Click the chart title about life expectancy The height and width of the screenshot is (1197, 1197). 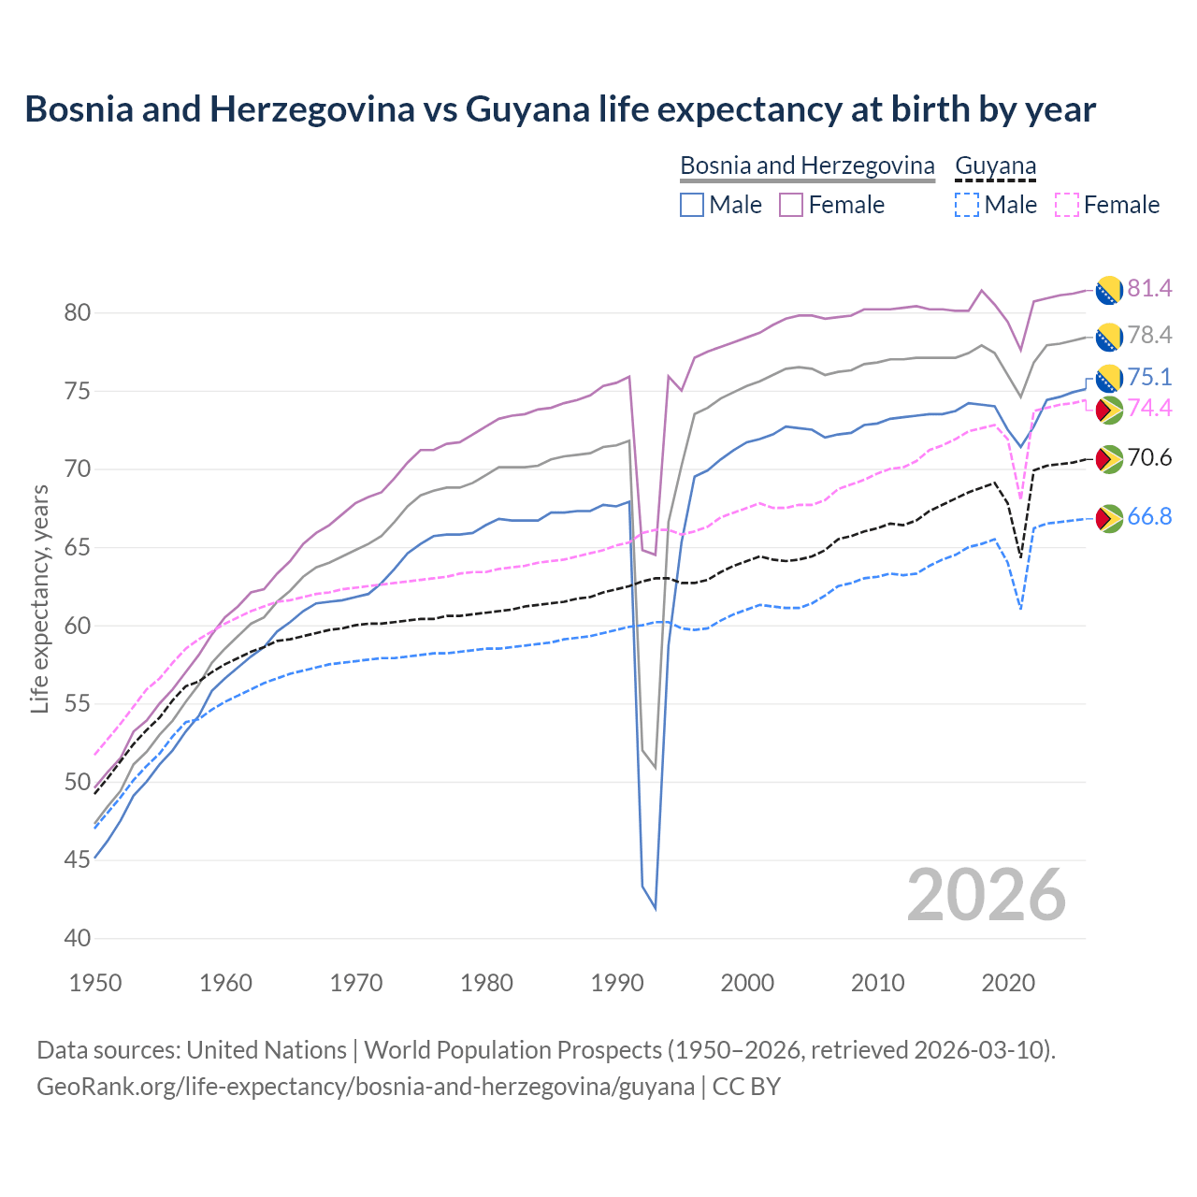coord(559,109)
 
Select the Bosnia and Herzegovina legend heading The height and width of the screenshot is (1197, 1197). coord(806,166)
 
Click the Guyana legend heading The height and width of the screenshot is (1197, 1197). coord(995,166)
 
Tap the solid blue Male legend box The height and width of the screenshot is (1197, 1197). coord(692,205)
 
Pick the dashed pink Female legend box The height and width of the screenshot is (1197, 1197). coord(1066,205)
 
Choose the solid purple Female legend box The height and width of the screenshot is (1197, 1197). coord(791,205)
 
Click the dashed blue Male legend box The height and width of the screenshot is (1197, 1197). coord(967,205)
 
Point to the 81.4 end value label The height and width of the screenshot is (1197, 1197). coord(1149,288)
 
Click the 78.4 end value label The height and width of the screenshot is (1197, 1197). coord(1149,335)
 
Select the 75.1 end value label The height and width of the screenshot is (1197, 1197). coord(1149,377)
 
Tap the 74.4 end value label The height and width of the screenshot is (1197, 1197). coord(1149,408)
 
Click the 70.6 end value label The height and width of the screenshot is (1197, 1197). coord(1149,457)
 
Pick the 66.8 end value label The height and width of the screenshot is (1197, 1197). coord(1149,517)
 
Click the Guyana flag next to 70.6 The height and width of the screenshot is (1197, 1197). coord(1108,458)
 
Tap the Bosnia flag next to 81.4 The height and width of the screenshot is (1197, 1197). coord(1108,290)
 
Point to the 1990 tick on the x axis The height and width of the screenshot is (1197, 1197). coord(617,983)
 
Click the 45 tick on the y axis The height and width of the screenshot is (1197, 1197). coord(78,859)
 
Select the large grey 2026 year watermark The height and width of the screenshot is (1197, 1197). coord(986,895)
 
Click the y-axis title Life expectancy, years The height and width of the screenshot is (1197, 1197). coord(39,598)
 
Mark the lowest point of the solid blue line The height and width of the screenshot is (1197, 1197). coord(655,908)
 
